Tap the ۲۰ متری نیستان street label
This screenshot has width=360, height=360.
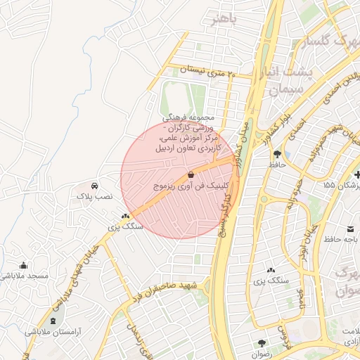point(205,70)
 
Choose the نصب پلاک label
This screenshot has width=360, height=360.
point(94,198)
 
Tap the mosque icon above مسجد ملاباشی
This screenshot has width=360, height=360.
point(25,265)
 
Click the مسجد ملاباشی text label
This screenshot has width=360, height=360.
point(25,276)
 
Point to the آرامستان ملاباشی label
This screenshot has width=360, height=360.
point(53,331)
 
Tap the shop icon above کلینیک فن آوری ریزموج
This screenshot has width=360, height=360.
point(191,174)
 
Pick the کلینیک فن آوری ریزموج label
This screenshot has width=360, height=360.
point(181,186)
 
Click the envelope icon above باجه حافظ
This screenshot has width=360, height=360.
point(350,229)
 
